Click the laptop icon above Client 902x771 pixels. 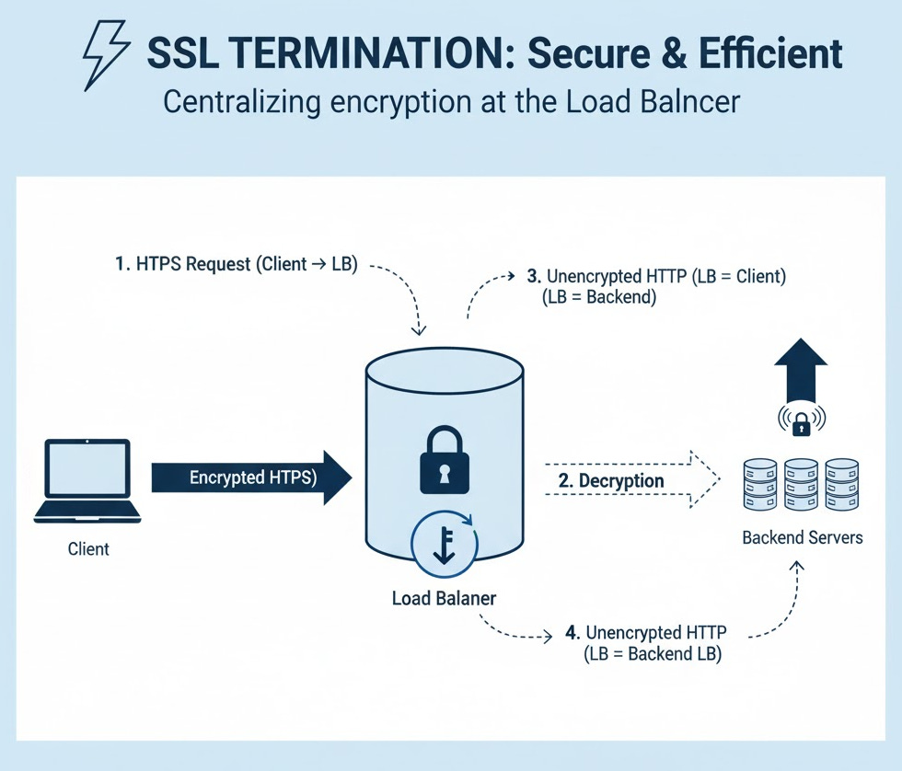click(87, 481)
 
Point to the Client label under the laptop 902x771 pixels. click(88, 549)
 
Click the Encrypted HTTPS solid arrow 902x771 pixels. click(250, 478)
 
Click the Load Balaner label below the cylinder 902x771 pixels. click(444, 598)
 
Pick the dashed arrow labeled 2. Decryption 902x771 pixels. click(630, 480)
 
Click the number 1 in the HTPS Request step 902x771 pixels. click(121, 265)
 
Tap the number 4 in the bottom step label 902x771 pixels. click(572, 633)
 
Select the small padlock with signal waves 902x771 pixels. click(801, 422)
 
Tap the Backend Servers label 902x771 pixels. click(803, 536)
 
